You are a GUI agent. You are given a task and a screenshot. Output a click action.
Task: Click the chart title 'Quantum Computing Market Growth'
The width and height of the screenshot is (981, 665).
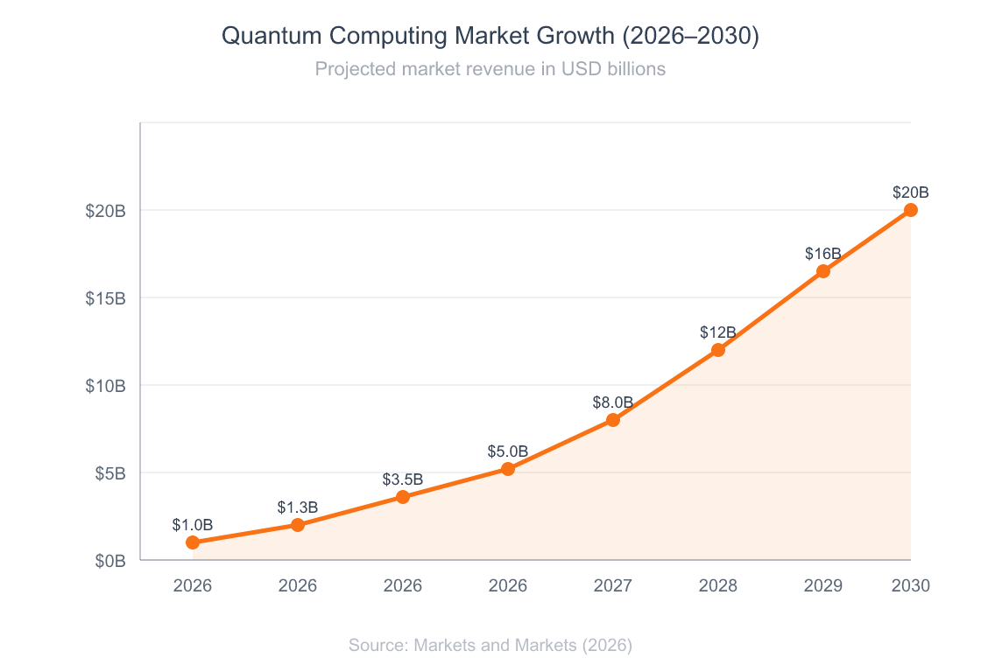pos(490,36)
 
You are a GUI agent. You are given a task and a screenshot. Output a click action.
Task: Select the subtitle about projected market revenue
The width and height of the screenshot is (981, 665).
pos(490,68)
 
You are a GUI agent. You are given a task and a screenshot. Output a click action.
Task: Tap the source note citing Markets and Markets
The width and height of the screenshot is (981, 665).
pos(490,645)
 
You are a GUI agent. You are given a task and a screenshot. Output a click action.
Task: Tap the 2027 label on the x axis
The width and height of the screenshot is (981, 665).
pos(613,585)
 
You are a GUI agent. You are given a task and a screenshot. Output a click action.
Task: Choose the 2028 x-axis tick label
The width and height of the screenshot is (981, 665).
pos(718,585)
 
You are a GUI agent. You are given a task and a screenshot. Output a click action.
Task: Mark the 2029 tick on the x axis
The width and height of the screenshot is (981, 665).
pos(823,585)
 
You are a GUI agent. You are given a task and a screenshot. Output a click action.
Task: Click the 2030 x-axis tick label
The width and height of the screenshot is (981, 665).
pos(911,585)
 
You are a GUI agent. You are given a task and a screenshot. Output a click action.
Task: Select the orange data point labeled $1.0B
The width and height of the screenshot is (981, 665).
pos(193,542)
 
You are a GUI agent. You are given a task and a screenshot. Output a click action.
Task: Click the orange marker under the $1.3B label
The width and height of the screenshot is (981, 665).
pos(298,525)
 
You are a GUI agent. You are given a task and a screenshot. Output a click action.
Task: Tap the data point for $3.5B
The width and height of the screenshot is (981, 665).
pos(403,497)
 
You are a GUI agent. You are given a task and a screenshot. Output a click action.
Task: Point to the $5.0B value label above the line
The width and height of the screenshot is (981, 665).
pos(508,451)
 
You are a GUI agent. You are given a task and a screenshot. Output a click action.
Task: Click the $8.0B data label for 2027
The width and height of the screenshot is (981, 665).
pos(613,402)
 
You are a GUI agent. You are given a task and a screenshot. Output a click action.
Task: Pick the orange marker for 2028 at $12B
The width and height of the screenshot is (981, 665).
pos(718,350)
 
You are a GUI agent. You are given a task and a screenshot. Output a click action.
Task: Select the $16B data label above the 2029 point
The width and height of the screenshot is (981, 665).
pos(823,254)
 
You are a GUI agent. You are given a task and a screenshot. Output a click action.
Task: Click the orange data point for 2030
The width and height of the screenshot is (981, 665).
pos(911,210)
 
